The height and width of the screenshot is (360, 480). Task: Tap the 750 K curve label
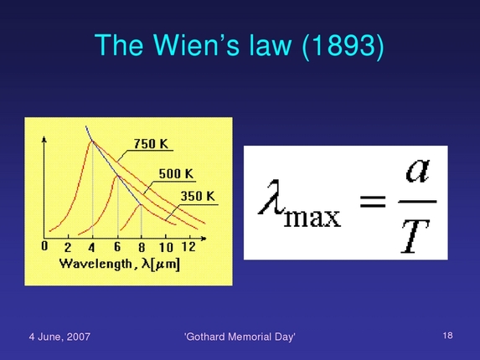[151, 144]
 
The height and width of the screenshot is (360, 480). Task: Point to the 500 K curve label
[176, 174]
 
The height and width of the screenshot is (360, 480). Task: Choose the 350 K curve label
[198, 197]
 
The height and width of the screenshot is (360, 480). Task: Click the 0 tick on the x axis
[44, 247]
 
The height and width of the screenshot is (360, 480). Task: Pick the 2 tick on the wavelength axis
[68, 248]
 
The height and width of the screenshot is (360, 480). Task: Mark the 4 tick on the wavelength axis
[91, 248]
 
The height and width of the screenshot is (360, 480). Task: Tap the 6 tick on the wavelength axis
[117, 248]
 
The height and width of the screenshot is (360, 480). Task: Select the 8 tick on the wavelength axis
[141, 248]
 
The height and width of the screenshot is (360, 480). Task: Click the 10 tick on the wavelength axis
[166, 248]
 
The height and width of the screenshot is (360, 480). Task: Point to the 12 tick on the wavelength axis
[188, 248]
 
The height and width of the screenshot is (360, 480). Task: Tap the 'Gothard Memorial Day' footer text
[240, 337]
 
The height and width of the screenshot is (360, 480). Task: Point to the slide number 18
[447, 336]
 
